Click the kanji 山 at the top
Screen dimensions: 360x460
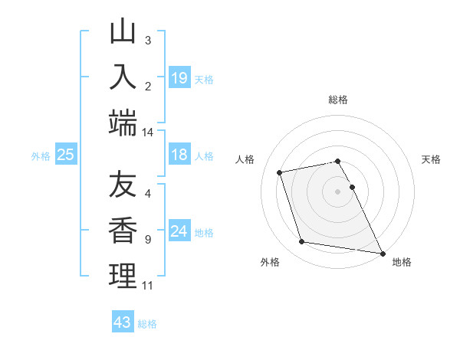click(x=123, y=33)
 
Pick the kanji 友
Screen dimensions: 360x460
click(x=123, y=187)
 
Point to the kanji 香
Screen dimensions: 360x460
click(x=123, y=231)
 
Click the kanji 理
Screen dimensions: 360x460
click(x=123, y=275)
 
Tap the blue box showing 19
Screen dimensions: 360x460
click(x=179, y=77)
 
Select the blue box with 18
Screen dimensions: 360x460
click(x=179, y=155)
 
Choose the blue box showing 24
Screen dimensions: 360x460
click(x=179, y=231)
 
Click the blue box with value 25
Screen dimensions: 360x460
click(x=65, y=155)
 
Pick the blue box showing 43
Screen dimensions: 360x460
click(x=123, y=322)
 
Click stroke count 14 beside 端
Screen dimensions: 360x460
click(x=147, y=133)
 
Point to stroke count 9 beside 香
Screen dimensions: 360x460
click(x=148, y=239)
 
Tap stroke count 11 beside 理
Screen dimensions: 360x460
click(x=147, y=286)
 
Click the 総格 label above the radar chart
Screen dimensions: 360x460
click(x=338, y=100)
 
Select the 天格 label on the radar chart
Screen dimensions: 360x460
click(x=431, y=159)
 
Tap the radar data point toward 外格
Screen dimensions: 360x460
click(x=302, y=242)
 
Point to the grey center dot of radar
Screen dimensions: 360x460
click(x=338, y=191)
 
